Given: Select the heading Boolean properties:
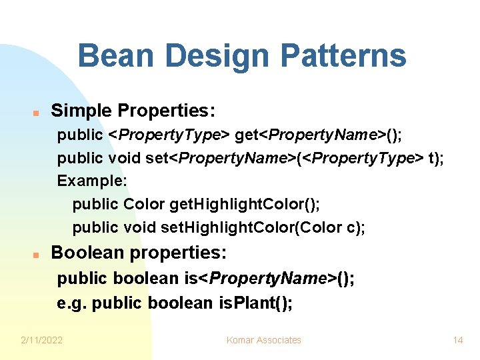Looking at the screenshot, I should click(x=139, y=253).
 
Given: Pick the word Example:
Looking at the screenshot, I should click(x=92, y=181).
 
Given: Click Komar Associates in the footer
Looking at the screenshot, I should click(x=263, y=340).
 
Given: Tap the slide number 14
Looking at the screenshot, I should click(x=457, y=340).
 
